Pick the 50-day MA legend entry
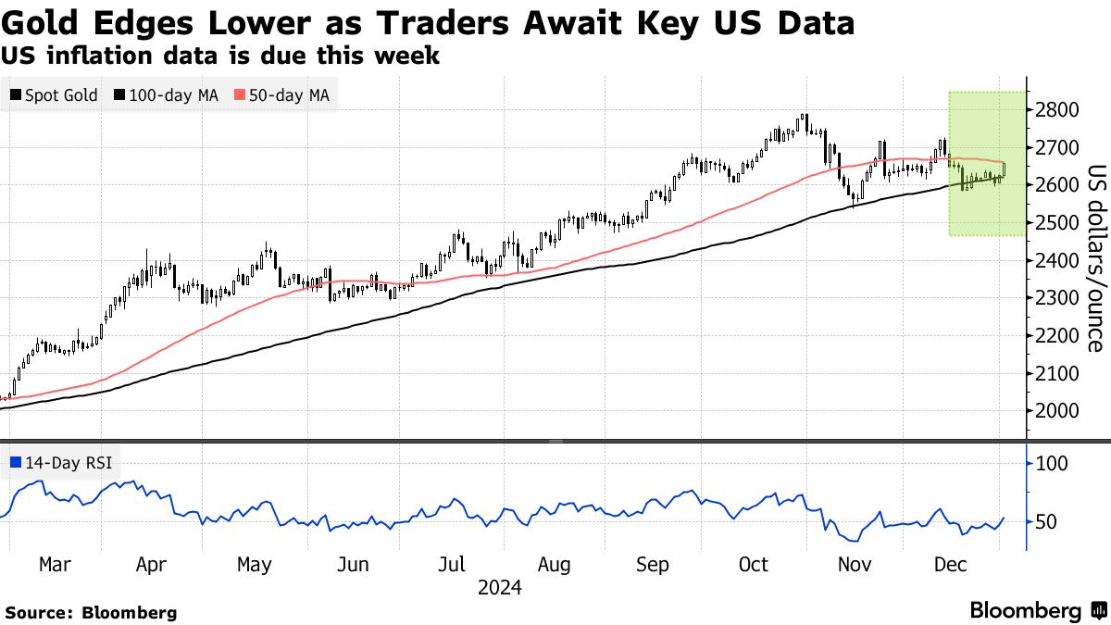point(283,94)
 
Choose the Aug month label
point(554,565)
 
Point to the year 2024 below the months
point(500,588)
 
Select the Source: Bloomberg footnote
point(91,612)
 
